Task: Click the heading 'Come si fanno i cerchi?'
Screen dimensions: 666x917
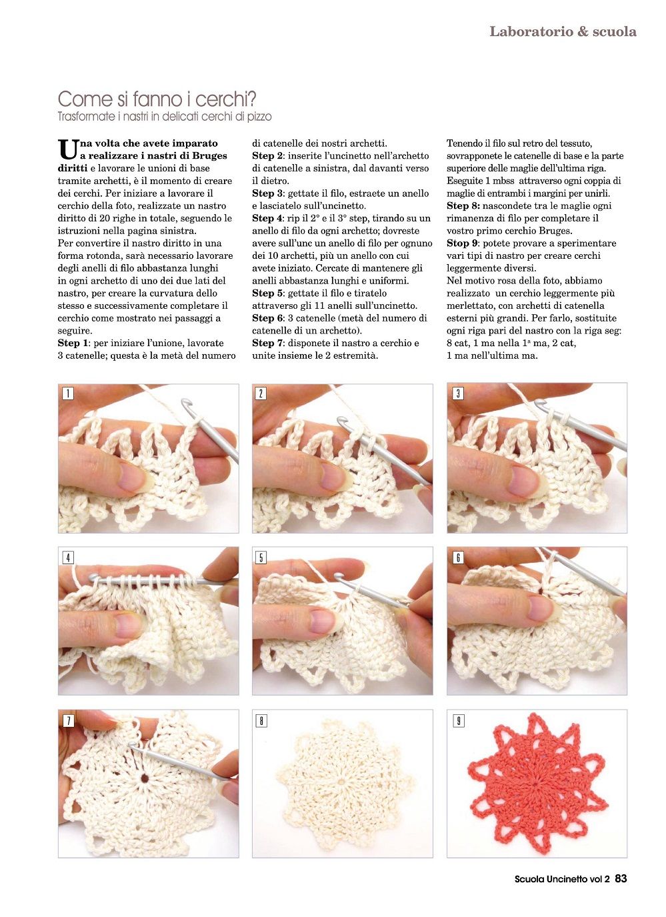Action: coord(157,99)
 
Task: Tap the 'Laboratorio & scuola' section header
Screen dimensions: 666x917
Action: coord(563,31)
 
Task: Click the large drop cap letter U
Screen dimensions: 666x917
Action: coord(67,150)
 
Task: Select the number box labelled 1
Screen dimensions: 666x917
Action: coord(67,393)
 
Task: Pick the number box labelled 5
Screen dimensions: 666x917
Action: coord(261,557)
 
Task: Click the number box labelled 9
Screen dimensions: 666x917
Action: coord(458,721)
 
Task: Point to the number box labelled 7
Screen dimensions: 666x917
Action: coord(67,721)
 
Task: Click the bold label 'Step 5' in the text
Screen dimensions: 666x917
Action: coord(267,293)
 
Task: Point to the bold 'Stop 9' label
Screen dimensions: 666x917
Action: coord(462,243)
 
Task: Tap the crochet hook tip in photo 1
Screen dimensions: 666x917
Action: coord(186,403)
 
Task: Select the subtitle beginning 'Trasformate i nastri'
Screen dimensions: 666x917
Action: coord(165,117)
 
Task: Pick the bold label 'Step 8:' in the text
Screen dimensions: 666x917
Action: coord(463,205)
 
